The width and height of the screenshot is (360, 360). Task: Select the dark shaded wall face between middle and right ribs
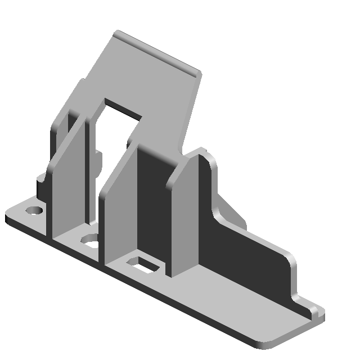point(155,208)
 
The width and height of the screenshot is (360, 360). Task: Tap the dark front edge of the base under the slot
point(146,292)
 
